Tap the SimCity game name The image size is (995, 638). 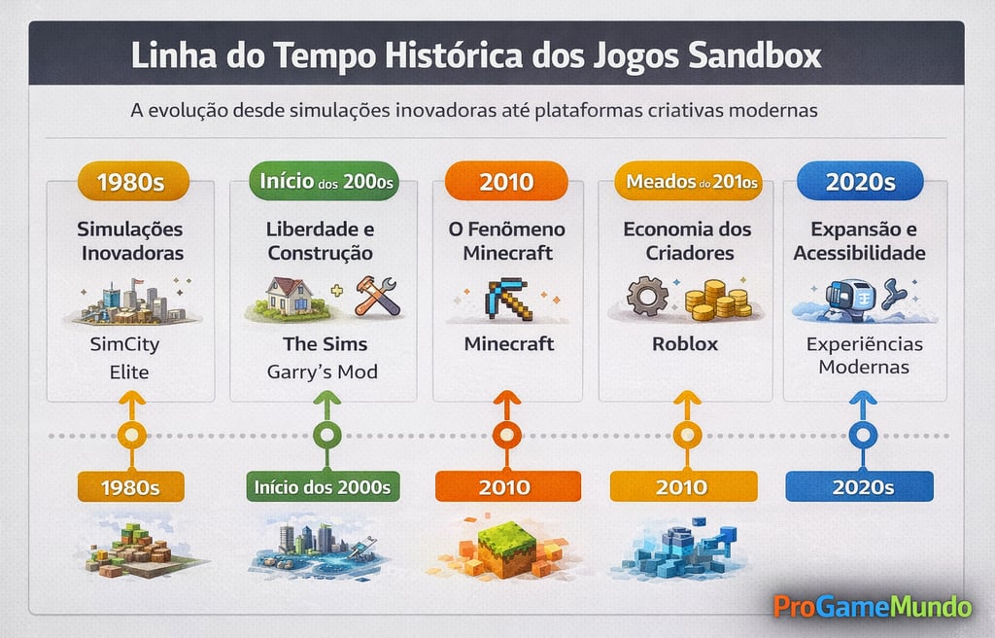124,344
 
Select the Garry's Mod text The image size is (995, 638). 323,372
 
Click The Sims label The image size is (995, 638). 325,344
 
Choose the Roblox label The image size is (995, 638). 686,343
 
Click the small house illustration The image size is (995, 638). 289,296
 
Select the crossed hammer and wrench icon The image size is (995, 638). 377,296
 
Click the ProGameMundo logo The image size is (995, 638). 872,607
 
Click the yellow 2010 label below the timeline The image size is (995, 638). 682,486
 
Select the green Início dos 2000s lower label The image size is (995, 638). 323,486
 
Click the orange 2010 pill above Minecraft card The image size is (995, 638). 507,182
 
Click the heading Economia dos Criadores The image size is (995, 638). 686,241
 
